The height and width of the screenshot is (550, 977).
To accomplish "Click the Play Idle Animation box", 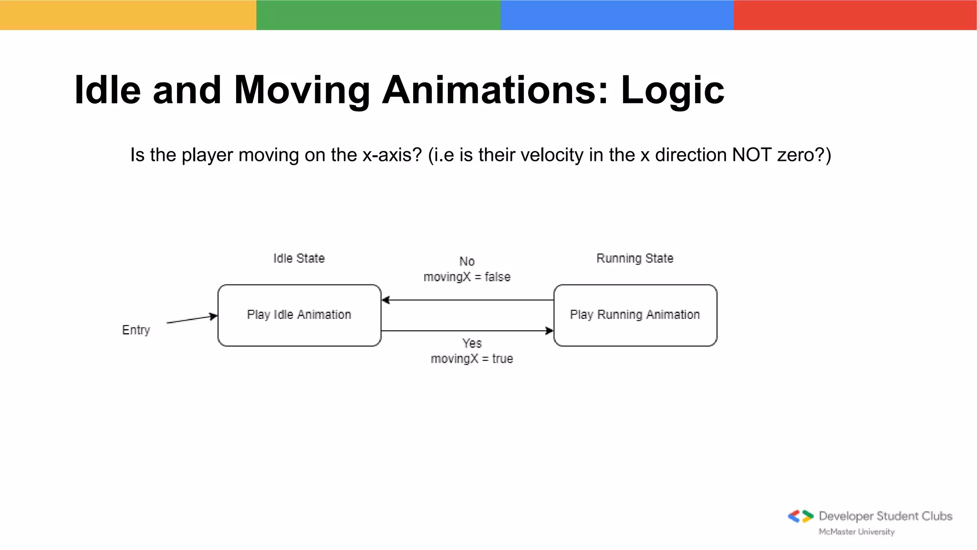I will point(299,315).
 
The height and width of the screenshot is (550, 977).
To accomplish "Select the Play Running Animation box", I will point(635,315).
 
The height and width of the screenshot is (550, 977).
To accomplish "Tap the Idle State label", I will point(299,258).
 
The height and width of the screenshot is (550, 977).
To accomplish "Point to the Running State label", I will point(634,258).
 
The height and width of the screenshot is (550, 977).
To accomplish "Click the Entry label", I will point(136,330).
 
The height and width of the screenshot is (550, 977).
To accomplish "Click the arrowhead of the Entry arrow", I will point(214,316).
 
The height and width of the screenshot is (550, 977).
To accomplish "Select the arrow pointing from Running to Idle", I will point(468,300).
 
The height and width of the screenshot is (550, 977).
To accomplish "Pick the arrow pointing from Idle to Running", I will point(468,330).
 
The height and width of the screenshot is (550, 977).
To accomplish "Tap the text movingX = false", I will point(467,277).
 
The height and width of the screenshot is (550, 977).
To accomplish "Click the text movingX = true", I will point(471,359).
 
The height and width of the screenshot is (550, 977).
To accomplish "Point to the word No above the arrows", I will point(467,262).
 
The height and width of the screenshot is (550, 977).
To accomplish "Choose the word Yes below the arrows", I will point(471,343).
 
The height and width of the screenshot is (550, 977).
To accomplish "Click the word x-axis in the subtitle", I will point(392,155).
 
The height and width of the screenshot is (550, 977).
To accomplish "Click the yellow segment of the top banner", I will point(128,15).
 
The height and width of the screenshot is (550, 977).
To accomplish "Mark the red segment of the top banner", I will point(855,15).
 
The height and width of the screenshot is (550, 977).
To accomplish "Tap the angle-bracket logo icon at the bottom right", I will point(800,516).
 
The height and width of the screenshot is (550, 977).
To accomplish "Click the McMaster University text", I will point(856,532).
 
